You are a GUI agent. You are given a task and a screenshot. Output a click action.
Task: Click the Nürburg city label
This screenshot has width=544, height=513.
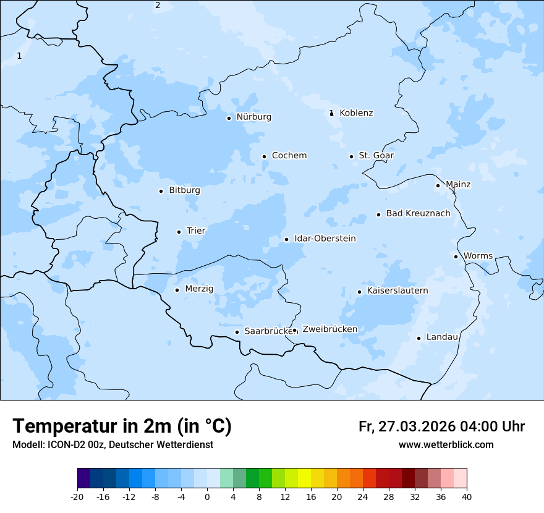pyautogui.click(x=253, y=117)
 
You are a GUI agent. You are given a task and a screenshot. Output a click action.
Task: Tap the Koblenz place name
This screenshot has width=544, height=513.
pyautogui.click(x=356, y=113)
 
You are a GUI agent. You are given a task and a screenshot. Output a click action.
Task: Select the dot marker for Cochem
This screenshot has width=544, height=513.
pyautogui.click(x=264, y=156)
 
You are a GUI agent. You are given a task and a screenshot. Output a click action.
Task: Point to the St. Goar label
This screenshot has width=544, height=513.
pyautogui.click(x=376, y=156)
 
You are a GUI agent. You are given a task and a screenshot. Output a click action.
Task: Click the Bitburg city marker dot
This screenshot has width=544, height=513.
pyautogui.click(x=161, y=191)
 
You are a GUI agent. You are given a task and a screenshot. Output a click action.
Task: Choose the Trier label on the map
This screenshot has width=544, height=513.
pyautogui.click(x=196, y=231)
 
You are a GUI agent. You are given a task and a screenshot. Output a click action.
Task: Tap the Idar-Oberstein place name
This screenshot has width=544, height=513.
pyautogui.click(x=325, y=239)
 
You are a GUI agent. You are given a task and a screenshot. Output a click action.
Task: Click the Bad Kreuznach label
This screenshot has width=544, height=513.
pyautogui.click(x=418, y=214)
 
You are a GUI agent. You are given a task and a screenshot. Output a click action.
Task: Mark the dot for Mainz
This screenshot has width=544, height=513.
pyautogui.click(x=438, y=185)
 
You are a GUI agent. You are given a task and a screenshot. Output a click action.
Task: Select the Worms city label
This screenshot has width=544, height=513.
pyautogui.click(x=478, y=256)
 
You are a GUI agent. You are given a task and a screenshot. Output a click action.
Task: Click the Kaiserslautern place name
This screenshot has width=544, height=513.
pyautogui.click(x=397, y=290)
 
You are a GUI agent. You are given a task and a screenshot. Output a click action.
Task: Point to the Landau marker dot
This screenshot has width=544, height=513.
pyautogui.click(x=419, y=338)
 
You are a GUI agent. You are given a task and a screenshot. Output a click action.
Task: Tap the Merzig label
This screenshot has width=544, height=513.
pyautogui.click(x=199, y=289)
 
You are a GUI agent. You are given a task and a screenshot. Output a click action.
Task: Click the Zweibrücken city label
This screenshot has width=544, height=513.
pyautogui.click(x=329, y=329)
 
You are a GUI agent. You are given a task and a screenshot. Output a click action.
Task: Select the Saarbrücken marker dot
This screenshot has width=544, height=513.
pyautogui.click(x=237, y=332)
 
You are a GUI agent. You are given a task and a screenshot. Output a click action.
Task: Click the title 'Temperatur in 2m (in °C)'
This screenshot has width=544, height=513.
pyautogui.click(x=122, y=426)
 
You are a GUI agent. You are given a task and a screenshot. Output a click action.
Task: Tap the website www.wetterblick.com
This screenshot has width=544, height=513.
pyautogui.click(x=446, y=445)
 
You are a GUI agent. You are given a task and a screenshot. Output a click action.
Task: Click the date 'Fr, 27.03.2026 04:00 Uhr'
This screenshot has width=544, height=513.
pyautogui.click(x=441, y=426)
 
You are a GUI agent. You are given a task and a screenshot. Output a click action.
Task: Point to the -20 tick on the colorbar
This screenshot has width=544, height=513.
pyautogui.click(x=77, y=497)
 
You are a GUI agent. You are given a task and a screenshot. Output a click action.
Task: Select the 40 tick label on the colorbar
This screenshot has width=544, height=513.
pyautogui.click(x=467, y=497)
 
